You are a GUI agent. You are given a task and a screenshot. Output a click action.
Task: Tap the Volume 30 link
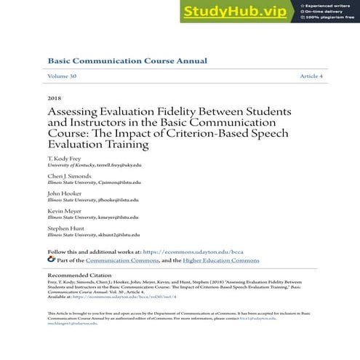coord(63,76)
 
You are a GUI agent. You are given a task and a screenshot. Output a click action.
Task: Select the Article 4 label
coord(311,76)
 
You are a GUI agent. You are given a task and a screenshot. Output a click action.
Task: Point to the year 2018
coord(55,97)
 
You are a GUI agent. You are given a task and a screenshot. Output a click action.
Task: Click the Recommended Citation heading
coord(82,276)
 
